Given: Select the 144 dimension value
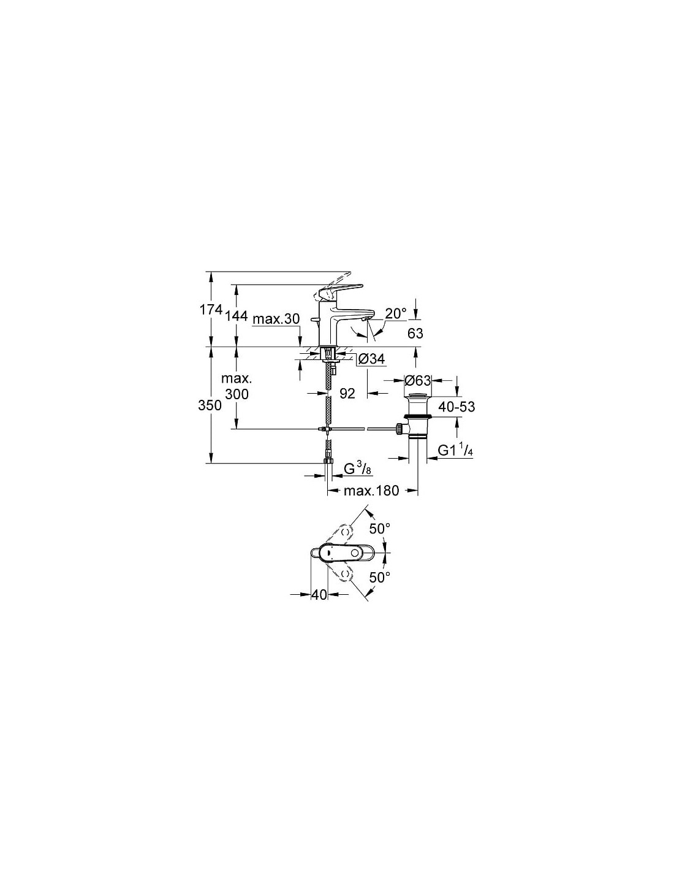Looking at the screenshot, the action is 235,316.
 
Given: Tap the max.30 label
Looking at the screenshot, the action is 277,319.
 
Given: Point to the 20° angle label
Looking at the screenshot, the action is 396,313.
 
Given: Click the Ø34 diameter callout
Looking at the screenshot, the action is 371,358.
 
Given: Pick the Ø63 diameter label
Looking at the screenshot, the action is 417,380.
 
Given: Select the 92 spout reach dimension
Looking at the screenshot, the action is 347,394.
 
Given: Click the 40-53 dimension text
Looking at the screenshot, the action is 456,407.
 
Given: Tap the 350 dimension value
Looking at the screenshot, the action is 210,405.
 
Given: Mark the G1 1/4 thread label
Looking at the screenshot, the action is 455,450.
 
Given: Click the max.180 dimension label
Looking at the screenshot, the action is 371,491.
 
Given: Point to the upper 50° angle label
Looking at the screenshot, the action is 380,529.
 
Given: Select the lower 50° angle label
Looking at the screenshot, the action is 380,577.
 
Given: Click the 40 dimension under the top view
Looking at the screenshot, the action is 320,595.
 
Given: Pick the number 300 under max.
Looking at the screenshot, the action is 237,394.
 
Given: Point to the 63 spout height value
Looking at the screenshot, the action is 415,333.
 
